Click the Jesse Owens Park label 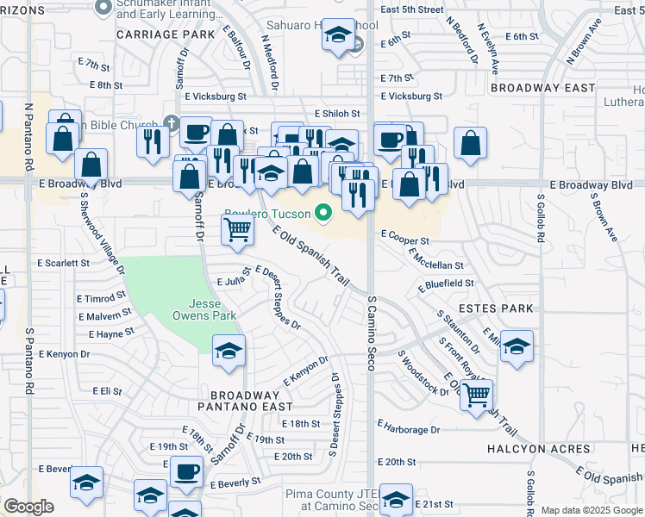point(212,310)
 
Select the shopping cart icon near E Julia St point(237,230)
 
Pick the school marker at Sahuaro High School point(339,35)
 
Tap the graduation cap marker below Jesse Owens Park point(229,351)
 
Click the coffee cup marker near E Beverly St point(186,471)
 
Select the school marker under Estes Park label point(517,346)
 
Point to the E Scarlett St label point(63,263)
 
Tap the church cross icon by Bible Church point(172,125)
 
